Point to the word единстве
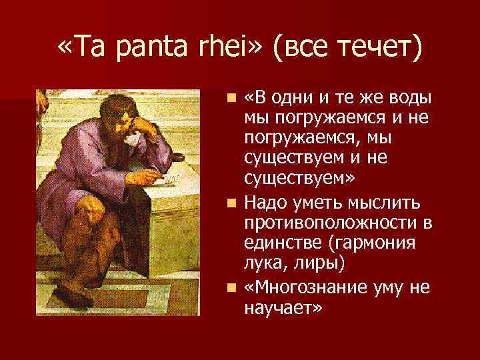coord(279,243)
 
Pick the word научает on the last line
coord(283,309)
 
